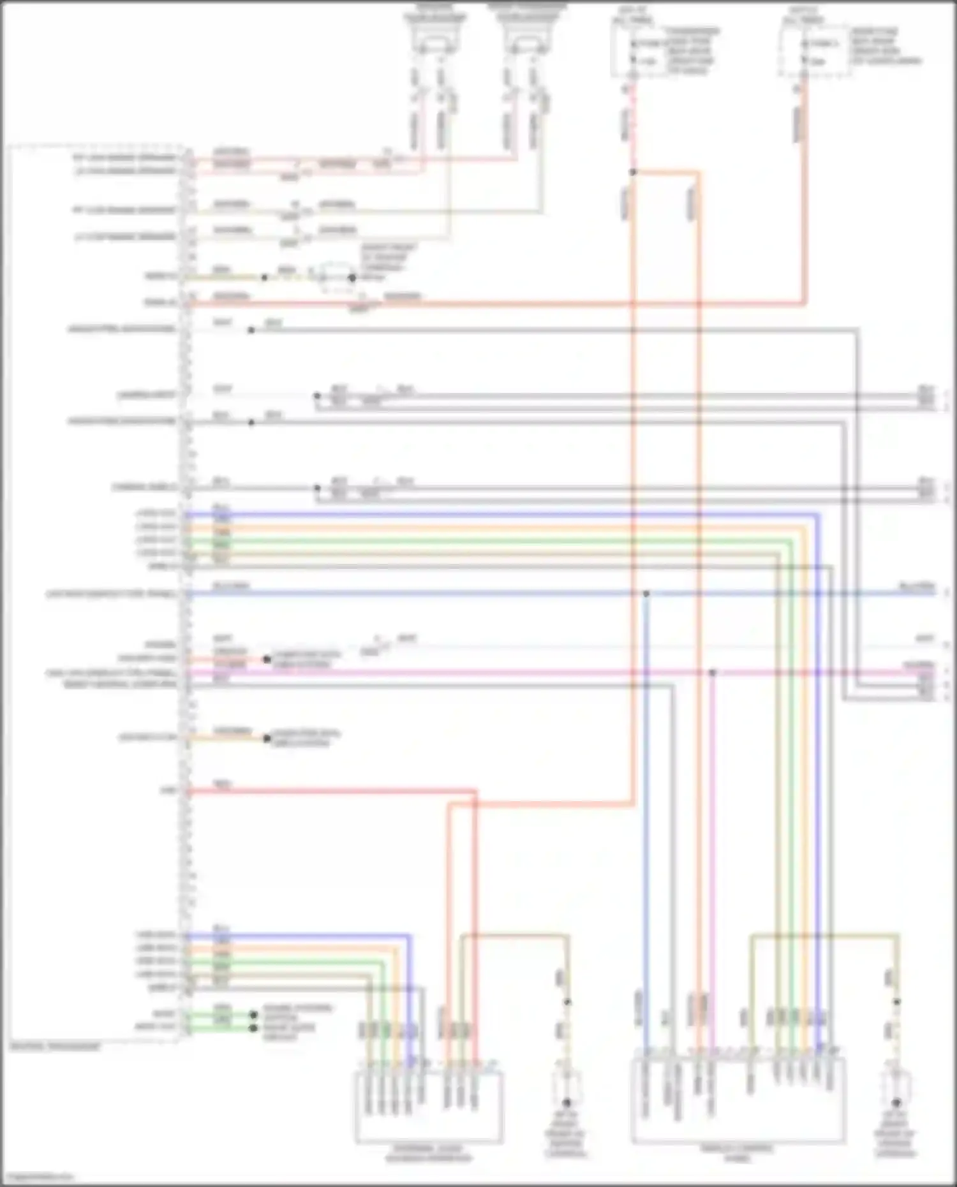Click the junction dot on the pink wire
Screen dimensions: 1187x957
click(x=713, y=672)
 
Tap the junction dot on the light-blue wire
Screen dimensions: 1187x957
click(x=646, y=593)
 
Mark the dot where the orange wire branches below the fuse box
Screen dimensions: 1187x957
click(x=633, y=172)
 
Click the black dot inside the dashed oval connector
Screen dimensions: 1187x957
click(x=352, y=277)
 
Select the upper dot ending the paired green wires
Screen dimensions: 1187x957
click(x=253, y=1014)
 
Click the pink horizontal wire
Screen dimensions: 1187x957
click(x=447, y=672)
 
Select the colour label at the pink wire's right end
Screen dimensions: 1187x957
click(x=919, y=665)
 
